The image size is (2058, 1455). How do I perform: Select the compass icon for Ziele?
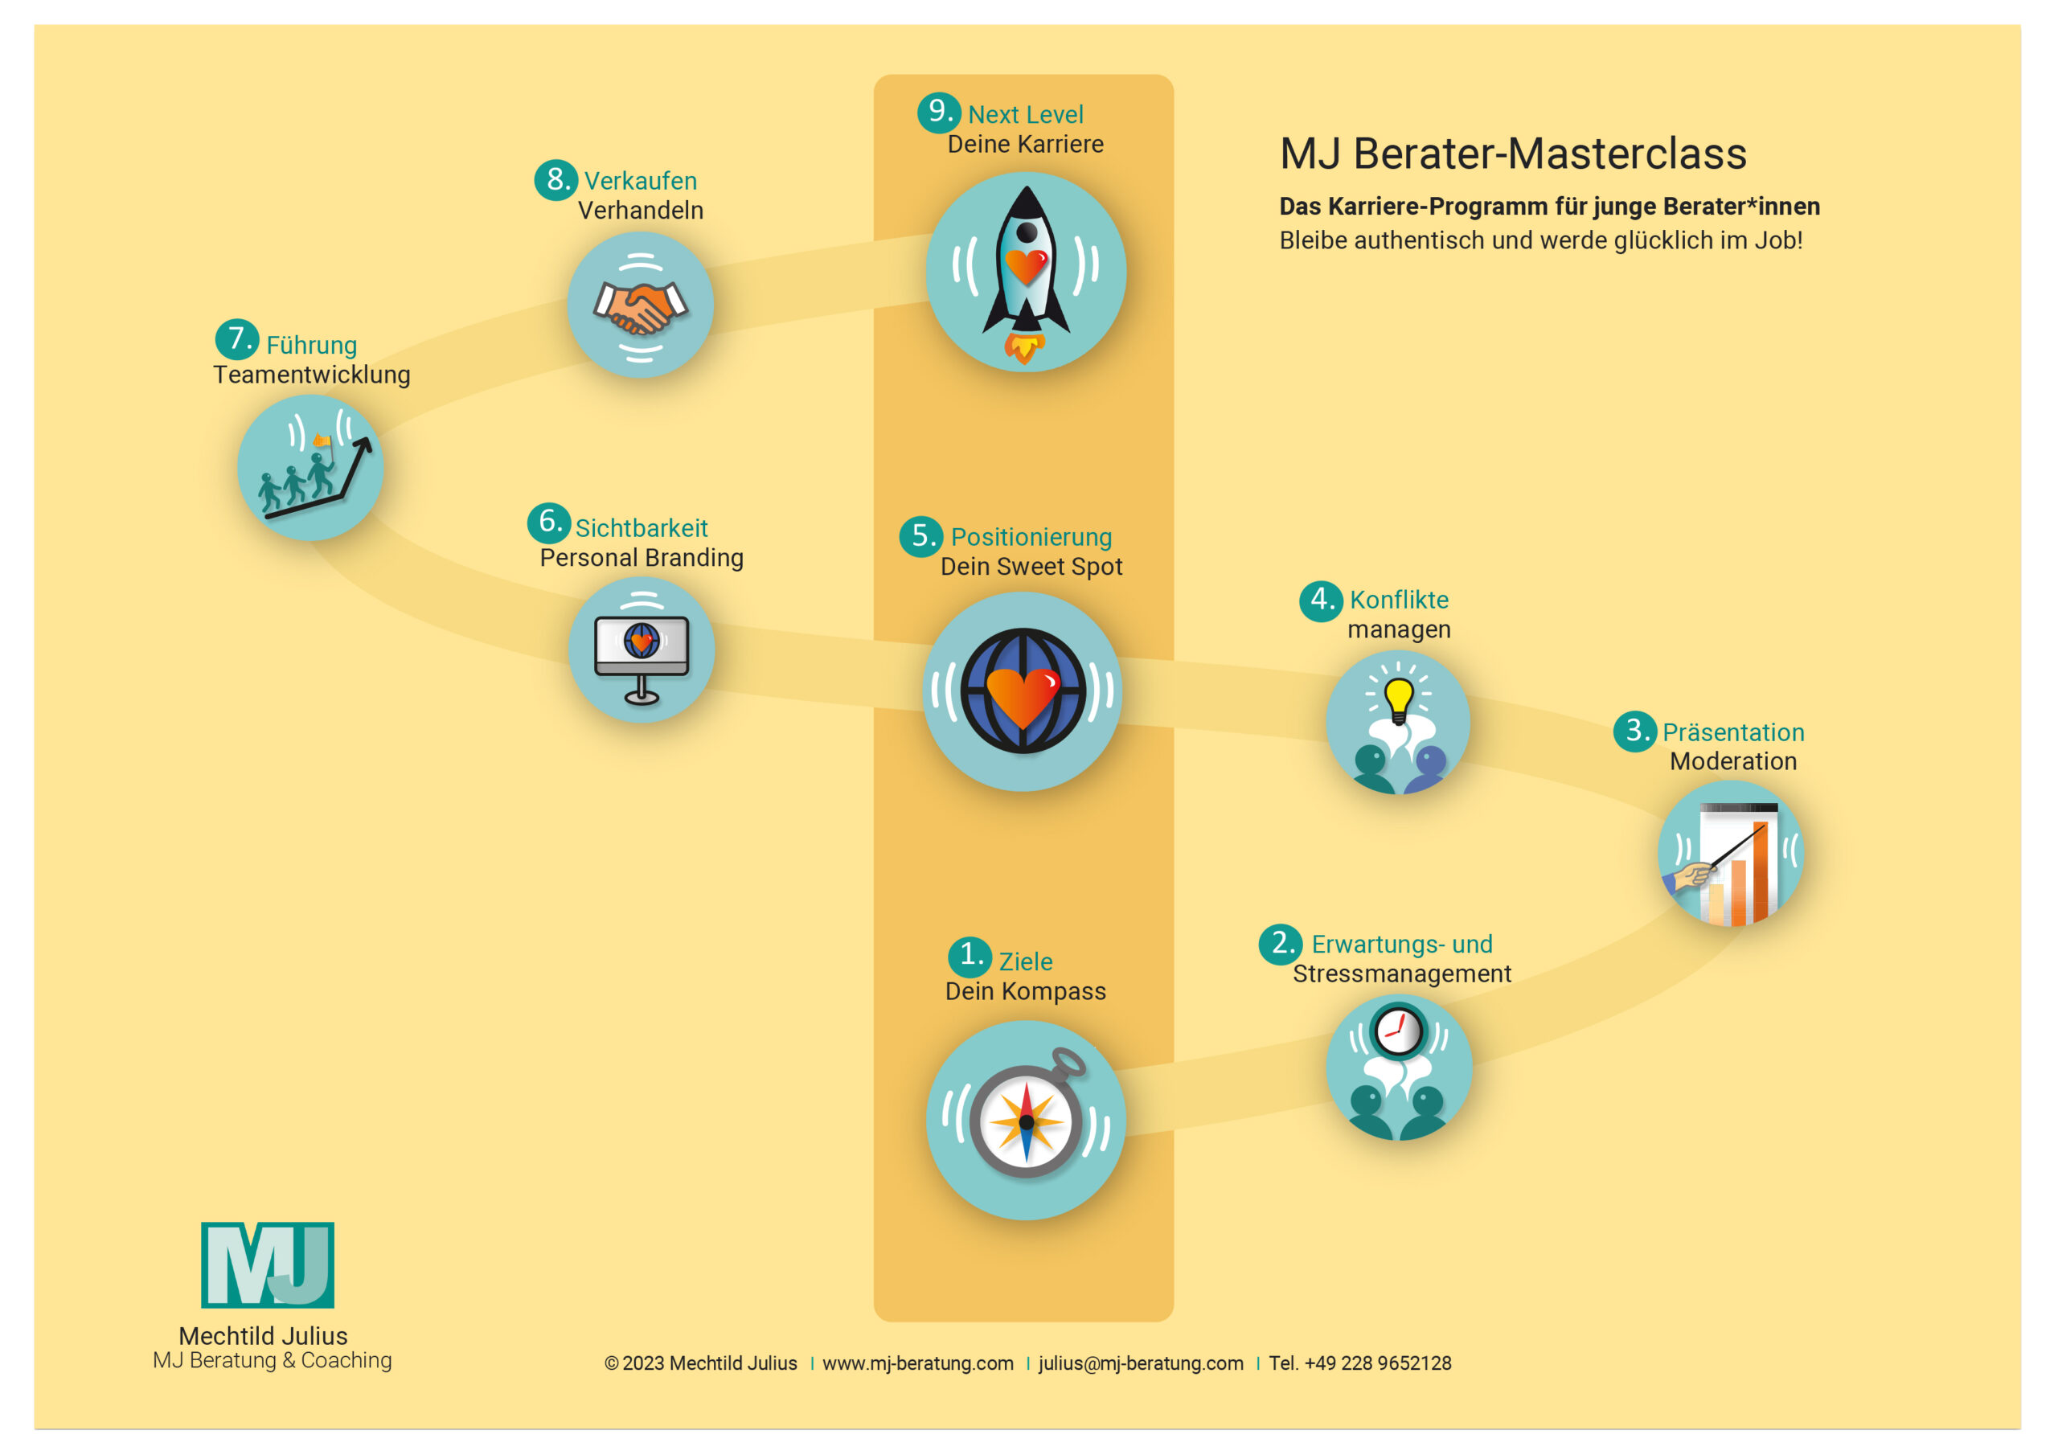click(1026, 1121)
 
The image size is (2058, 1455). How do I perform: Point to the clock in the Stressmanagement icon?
click(1398, 1031)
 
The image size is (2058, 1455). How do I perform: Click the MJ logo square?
click(267, 1264)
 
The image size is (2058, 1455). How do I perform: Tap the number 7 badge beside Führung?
click(236, 340)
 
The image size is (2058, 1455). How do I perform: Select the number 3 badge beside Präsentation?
click(1635, 731)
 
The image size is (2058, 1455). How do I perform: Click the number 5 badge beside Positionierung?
click(920, 536)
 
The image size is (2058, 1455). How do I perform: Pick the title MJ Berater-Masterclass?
click(1513, 154)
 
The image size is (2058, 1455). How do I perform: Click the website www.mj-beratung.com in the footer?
click(918, 1363)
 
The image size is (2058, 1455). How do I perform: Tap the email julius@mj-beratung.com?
click(1141, 1363)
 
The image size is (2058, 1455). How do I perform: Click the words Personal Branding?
click(642, 558)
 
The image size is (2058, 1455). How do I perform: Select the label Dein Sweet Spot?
click(1031, 567)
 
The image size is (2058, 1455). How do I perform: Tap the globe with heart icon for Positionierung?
click(1023, 691)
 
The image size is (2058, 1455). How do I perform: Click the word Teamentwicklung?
click(312, 375)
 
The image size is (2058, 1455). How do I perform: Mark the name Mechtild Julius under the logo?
click(264, 1336)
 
